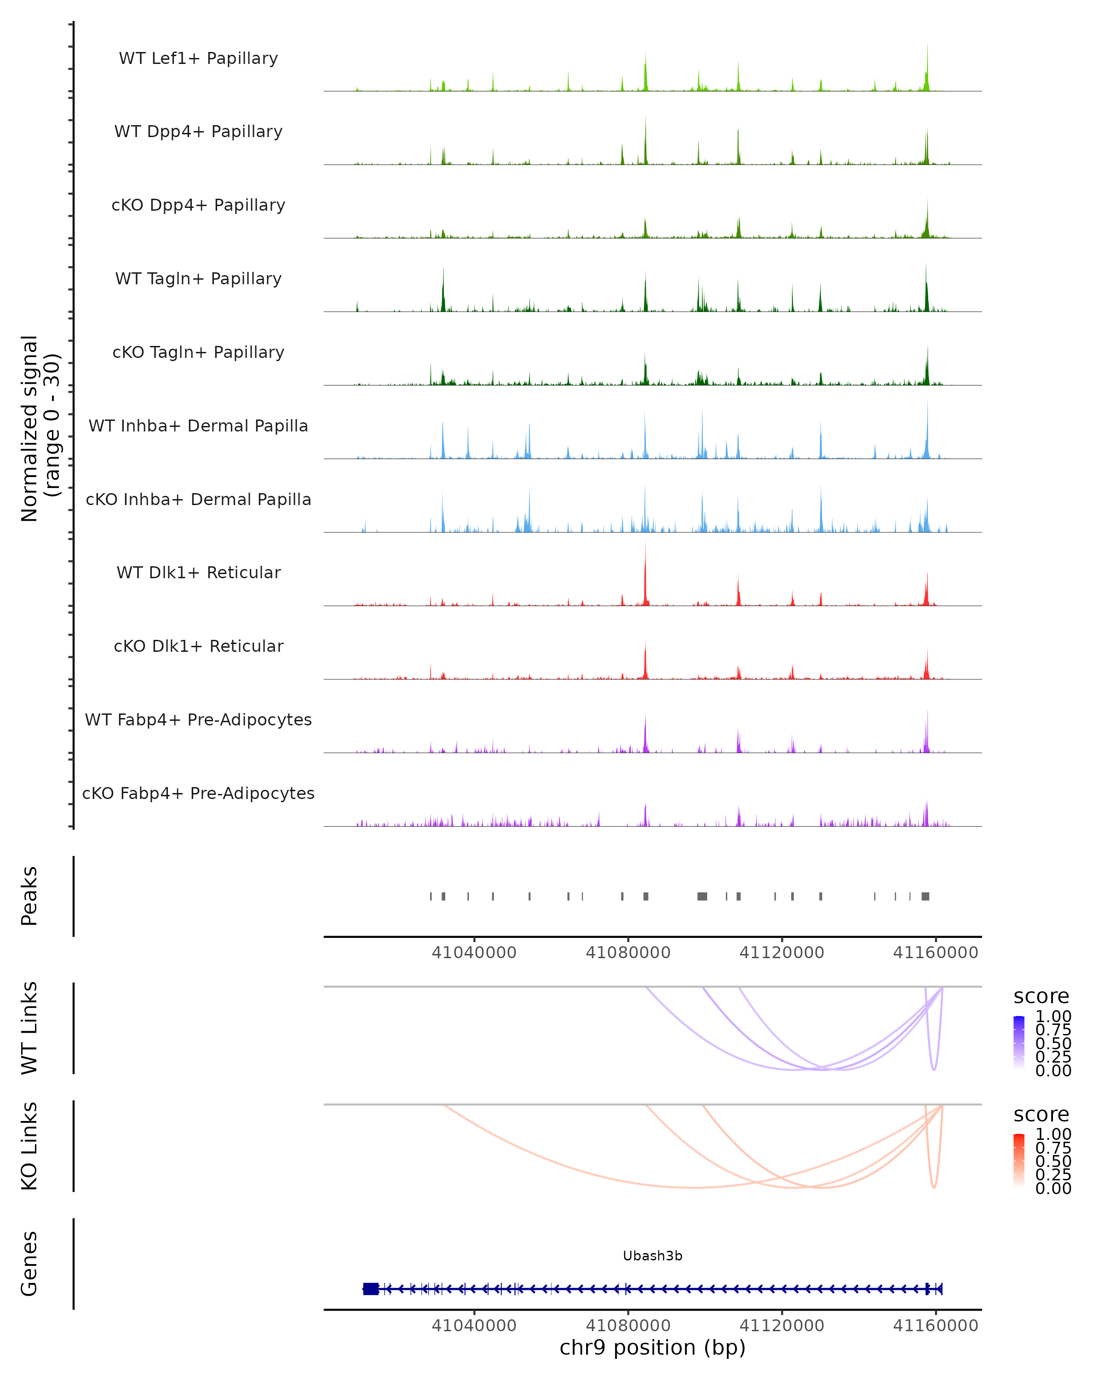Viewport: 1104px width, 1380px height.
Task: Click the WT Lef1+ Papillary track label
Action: click(198, 58)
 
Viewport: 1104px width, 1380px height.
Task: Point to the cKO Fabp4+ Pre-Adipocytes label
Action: click(198, 793)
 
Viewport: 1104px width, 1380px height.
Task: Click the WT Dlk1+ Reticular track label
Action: click(198, 572)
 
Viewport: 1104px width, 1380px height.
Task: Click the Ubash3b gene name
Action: click(652, 1256)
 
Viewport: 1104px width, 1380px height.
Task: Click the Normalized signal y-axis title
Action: click(40, 428)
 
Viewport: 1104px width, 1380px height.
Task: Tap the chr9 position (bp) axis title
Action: click(652, 1348)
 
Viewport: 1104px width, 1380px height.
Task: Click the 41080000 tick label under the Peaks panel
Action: click(628, 953)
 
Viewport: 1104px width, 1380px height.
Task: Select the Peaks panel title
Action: click(29, 896)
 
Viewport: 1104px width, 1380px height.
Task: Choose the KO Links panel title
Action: click(29, 1146)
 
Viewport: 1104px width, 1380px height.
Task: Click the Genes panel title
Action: click(29, 1264)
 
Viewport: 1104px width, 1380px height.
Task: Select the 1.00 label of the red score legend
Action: click(1053, 1134)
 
